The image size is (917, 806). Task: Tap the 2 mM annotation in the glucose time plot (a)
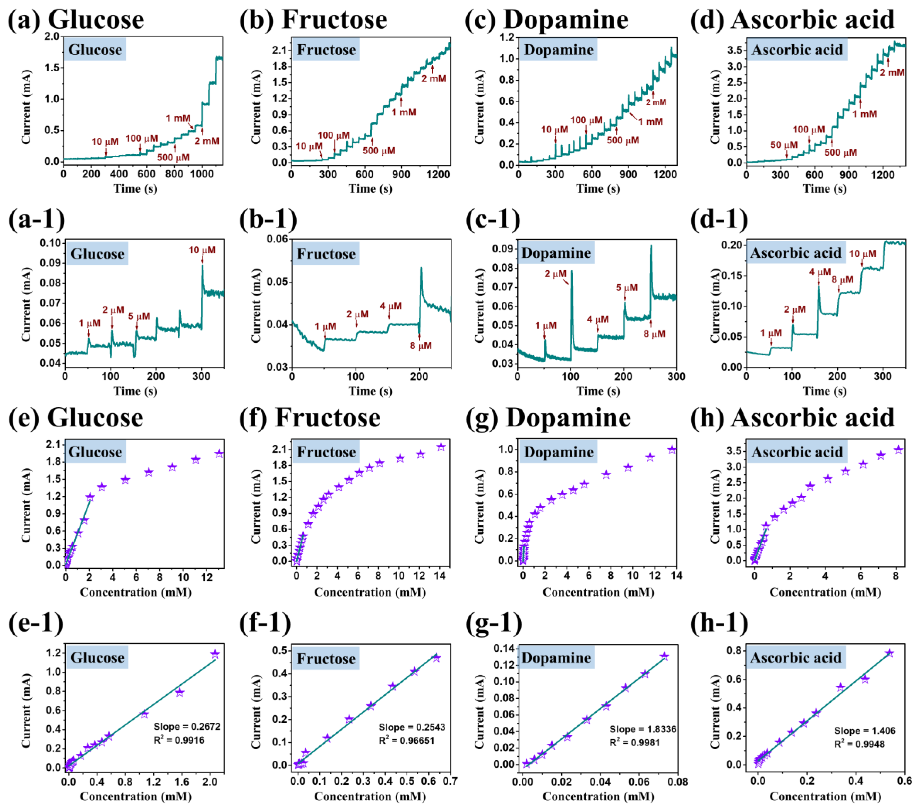point(207,141)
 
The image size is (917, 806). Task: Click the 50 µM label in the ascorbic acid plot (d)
point(784,145)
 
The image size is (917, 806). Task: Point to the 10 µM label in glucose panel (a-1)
point(202,250)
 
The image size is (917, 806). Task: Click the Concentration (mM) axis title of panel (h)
point(825,593)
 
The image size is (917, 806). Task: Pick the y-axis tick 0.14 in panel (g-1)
point(503,648)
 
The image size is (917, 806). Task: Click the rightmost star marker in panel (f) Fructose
point(441,447)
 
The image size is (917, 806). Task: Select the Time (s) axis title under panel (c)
point(598,189)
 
